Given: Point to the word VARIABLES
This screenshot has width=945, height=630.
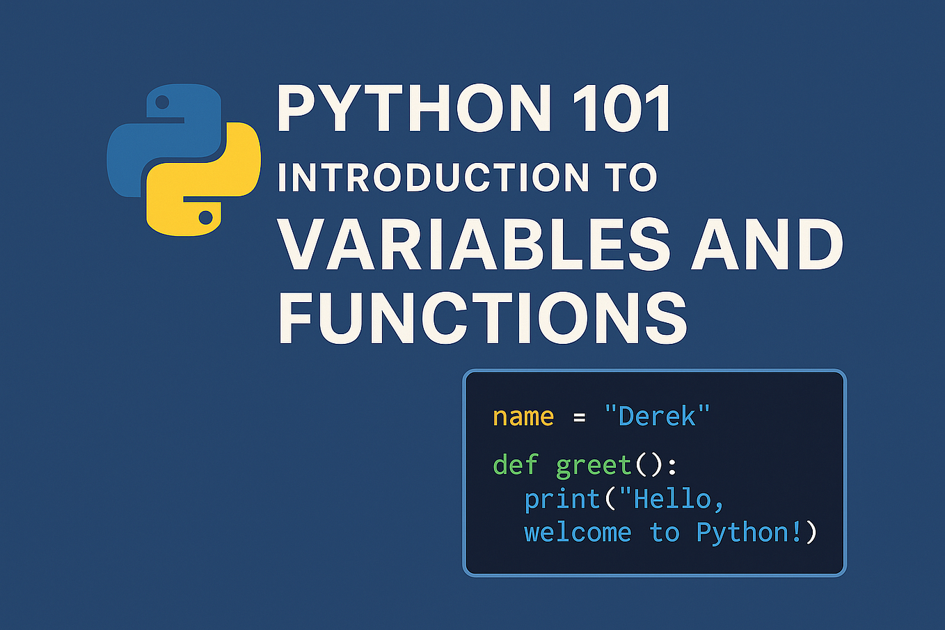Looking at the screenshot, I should point(474,244).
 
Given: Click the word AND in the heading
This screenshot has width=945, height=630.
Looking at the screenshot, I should point(767,244).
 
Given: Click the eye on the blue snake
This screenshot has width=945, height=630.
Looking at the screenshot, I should point(163,103).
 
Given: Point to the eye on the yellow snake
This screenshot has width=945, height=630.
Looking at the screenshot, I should point(205,218).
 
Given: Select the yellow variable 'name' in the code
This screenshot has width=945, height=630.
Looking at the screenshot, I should point(523,416).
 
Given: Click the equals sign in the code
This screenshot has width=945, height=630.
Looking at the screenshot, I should point(579,418).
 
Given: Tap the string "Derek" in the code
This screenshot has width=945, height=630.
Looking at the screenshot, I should point(657,416).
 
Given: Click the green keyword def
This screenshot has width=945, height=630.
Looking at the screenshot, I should point(515,464).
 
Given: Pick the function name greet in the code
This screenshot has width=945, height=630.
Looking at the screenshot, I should point(593,466).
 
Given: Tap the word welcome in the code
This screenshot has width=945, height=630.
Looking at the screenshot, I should point(578,533).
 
